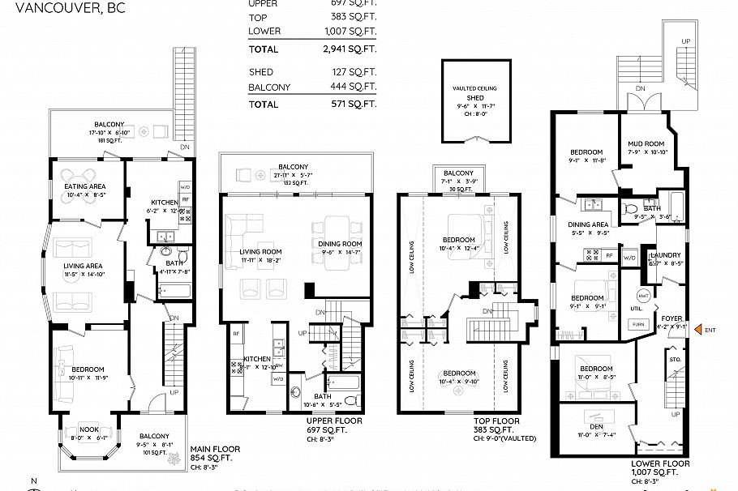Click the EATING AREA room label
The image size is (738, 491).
(x=85, y=186)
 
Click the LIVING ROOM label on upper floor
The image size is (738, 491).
(x=260, y=252)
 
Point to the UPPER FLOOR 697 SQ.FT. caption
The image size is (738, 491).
(x=333, y=426)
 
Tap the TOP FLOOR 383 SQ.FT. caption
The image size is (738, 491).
(x=496, y=426)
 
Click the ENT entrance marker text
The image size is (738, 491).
(x=710, y=330)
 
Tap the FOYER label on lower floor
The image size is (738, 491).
(x=671, y=318)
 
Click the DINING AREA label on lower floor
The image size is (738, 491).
(x=587, y=224)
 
